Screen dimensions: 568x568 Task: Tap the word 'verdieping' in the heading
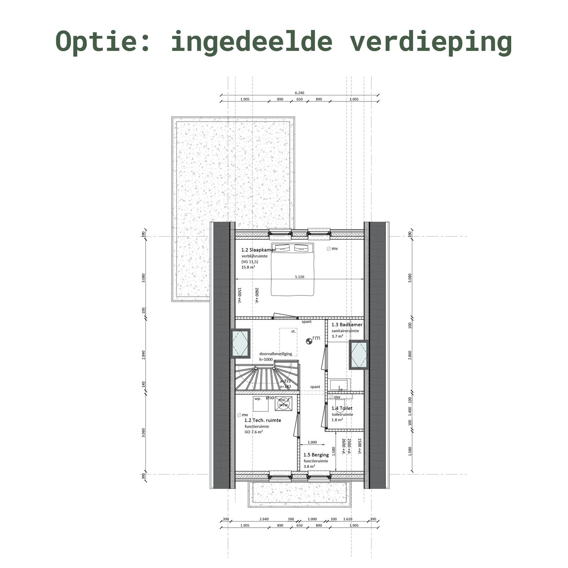[x=430, y=41]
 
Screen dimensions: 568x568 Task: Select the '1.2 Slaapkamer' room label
[x=258, y=250]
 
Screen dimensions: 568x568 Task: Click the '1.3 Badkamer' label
[x=347, y=325]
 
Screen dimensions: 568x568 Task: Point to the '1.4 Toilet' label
[x=342, y=408]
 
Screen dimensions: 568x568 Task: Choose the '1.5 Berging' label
[x=316, y=455]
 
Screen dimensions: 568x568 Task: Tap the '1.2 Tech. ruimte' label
[x=263, y=420]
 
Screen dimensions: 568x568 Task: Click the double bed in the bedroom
[x=292, y=269]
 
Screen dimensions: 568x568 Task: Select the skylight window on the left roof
[x=240, y=344]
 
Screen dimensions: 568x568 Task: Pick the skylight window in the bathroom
[x=359, y=355]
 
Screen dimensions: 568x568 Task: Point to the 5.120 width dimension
[x=299, y=277]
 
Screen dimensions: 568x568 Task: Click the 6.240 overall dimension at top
[x=299, y=93]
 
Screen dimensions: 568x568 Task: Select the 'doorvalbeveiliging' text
[x=276, y=354]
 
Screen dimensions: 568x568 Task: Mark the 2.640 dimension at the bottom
[x=264, y=519]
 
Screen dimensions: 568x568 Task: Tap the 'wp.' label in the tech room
[x=258, y=399]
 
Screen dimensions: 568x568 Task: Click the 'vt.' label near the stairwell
[x=293, y=332]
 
